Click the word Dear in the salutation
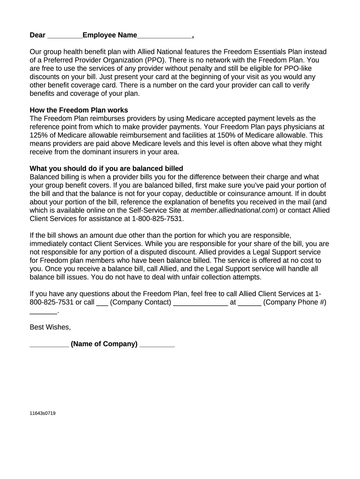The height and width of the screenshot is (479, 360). [37, 35]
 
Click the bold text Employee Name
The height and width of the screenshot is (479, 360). [110, 35]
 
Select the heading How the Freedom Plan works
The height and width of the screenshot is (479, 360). [79, 110]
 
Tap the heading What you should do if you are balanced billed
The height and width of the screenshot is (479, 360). [106, 168]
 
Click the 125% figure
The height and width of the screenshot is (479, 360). [38, 135]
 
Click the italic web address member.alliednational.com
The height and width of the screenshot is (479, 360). [233, 210]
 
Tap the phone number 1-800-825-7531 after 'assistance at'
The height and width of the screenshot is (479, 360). [158, 218]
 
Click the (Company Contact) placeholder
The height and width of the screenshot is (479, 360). [140, 302]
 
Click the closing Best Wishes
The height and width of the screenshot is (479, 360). [50, 327]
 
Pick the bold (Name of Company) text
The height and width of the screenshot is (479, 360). [104, 344]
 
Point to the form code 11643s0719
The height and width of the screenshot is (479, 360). [43, 413]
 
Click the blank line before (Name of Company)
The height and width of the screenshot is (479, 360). [49, 345]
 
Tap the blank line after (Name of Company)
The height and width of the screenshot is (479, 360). [157, 345]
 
